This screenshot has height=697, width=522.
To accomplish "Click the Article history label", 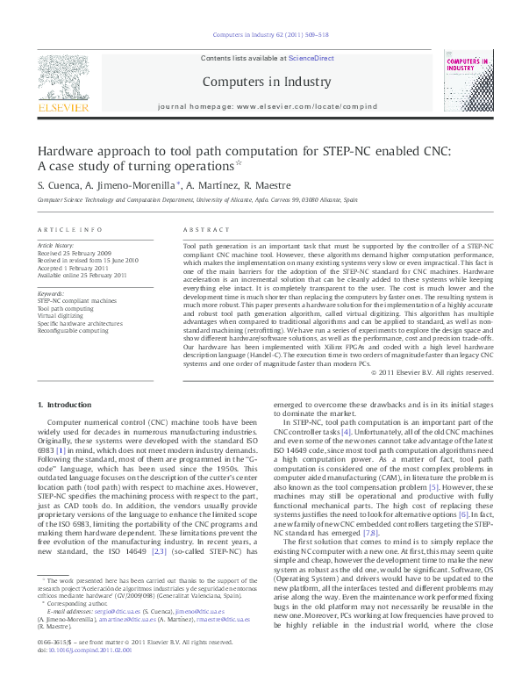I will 56,246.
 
